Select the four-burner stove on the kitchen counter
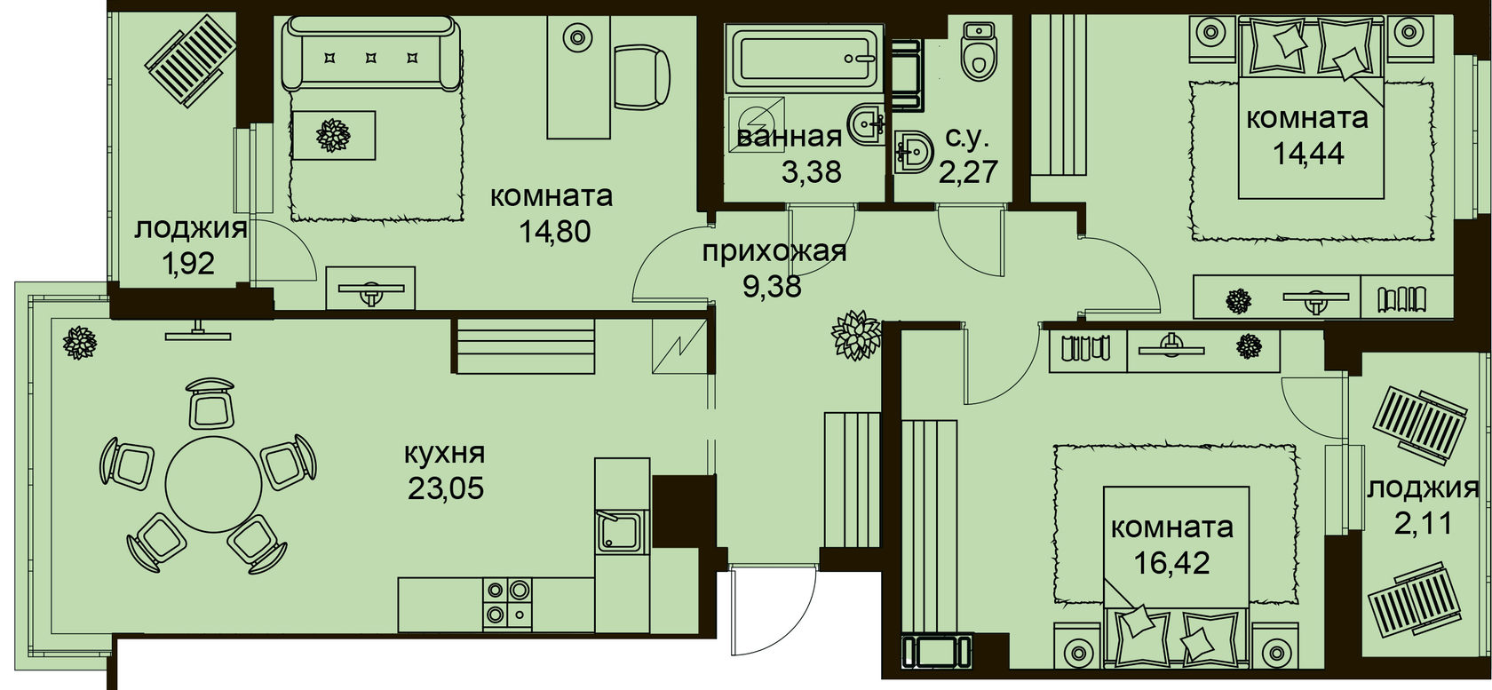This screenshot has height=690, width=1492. (x=508, y=601)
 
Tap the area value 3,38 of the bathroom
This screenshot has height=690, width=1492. (x=812, y=172)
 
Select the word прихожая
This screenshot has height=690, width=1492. (x=774, y=253)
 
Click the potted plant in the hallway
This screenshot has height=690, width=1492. (x=856, y=335)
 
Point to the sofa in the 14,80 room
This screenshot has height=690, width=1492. (x=370, y=53)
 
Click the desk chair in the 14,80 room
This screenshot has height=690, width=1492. (x=641, y=75)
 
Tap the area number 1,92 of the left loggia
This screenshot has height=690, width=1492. (x=188, y=265)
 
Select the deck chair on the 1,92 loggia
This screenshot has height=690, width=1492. (x=191, y=60)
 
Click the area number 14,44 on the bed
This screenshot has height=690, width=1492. (x=1308, y=154)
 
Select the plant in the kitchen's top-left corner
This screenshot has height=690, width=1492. (x=80, y=343)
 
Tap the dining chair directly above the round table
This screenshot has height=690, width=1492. (x=211, y=403)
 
